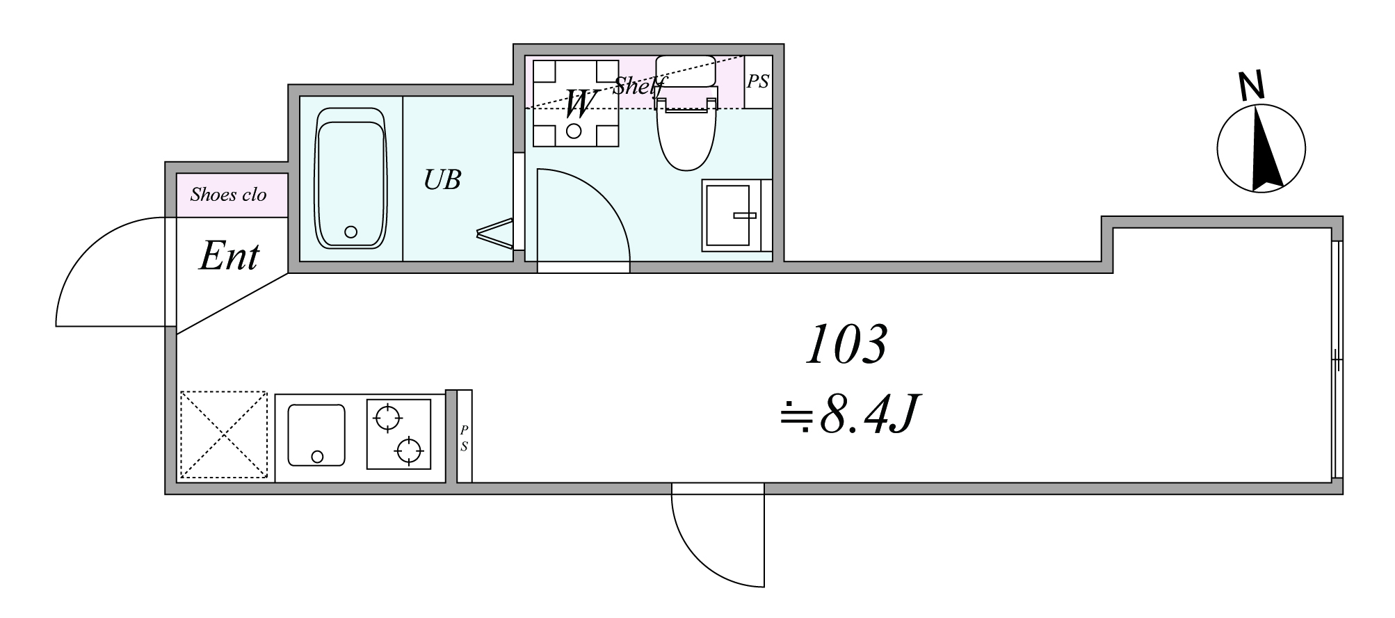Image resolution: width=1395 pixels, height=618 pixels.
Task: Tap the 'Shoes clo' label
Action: coord(228,195)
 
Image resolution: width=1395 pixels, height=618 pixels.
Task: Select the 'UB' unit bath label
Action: coord(442,180)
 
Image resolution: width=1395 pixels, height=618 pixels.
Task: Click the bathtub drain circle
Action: coord(351,232)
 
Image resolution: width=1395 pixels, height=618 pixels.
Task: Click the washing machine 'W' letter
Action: coord(580,104)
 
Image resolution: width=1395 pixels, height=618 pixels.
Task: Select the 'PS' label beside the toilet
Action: coord(758,81)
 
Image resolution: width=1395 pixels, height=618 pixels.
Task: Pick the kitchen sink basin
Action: coord(316,435)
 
